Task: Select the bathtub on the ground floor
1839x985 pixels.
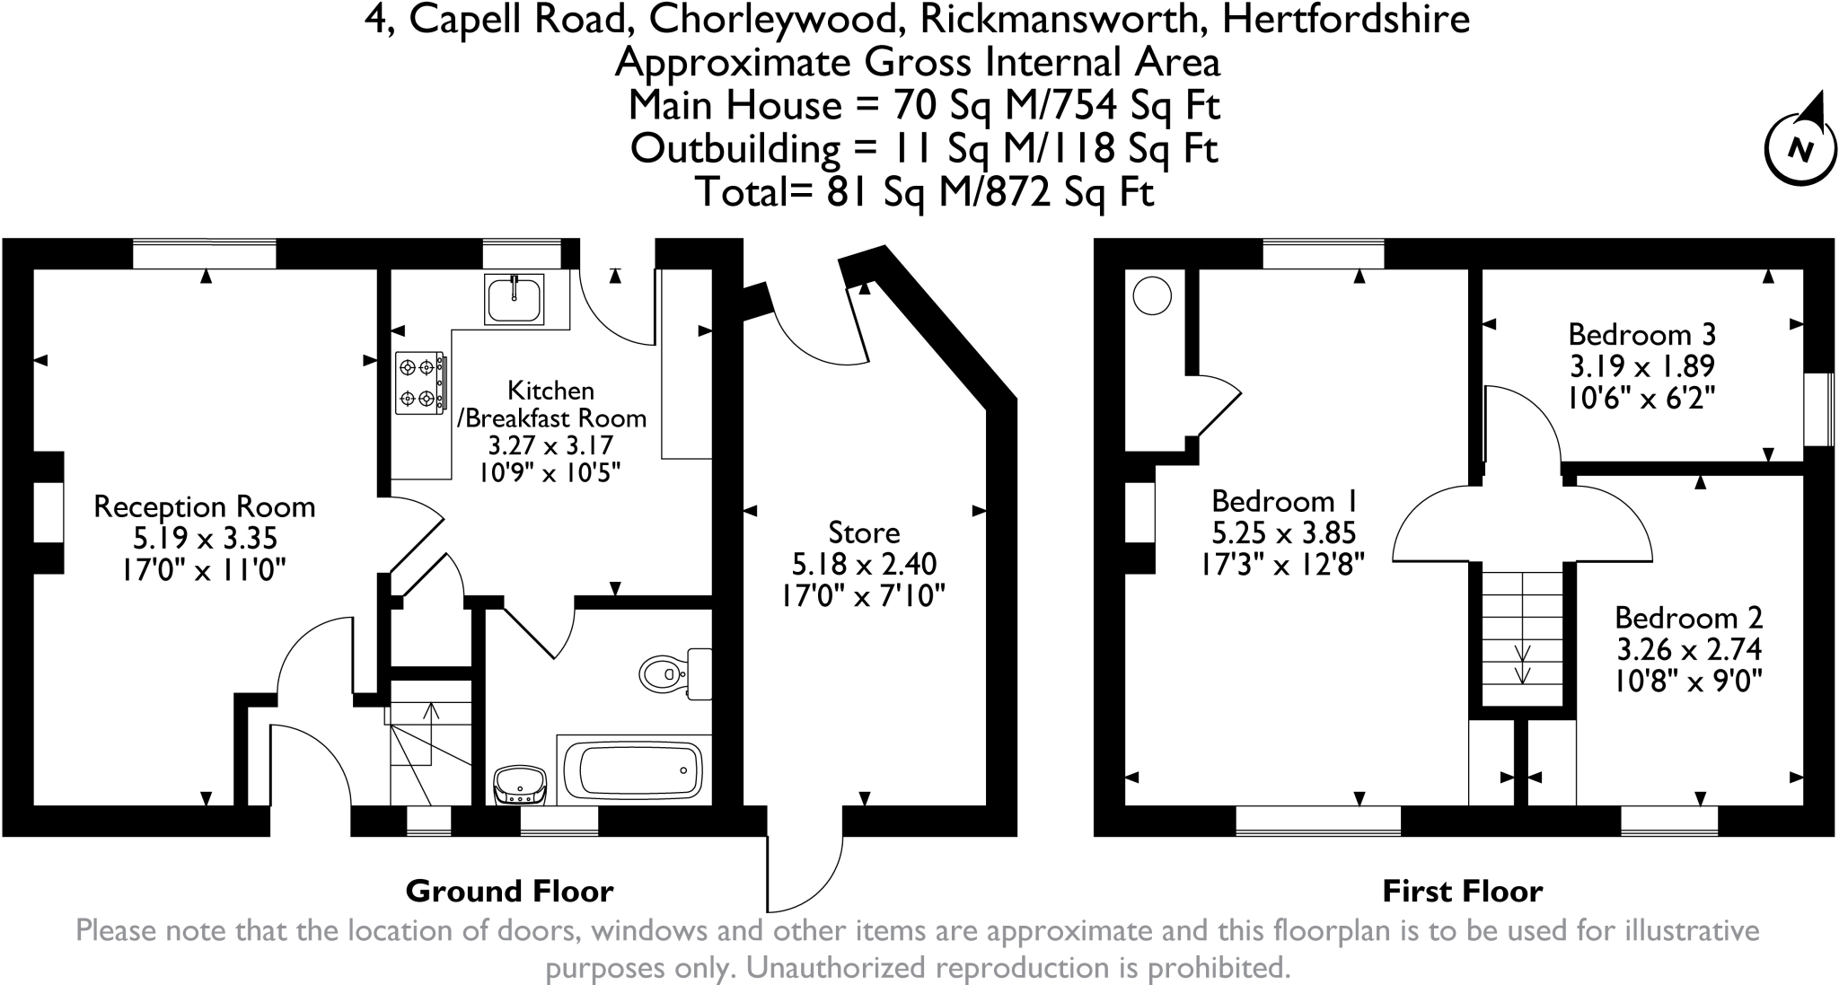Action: [634, 770]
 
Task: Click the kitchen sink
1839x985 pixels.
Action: [514, 299]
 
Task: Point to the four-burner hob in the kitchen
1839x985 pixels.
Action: [420, 383]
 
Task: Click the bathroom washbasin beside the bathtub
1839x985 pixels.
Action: [520, 785]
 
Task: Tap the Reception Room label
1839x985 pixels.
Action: [205, 506]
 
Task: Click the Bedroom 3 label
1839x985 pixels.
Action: [1641, 335]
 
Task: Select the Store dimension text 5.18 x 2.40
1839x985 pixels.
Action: [864, 564]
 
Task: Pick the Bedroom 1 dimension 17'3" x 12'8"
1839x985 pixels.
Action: [1283, 565]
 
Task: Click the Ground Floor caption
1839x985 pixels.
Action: [509, 892]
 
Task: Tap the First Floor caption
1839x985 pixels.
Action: [1462, 892]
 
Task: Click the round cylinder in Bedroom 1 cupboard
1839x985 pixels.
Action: [1152, 295]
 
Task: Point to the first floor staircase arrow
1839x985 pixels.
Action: [1523, 663]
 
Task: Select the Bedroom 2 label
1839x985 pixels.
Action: [1688, 618]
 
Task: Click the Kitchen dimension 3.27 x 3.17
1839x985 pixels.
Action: [550, 445]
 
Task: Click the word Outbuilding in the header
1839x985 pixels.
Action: [736, 149]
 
